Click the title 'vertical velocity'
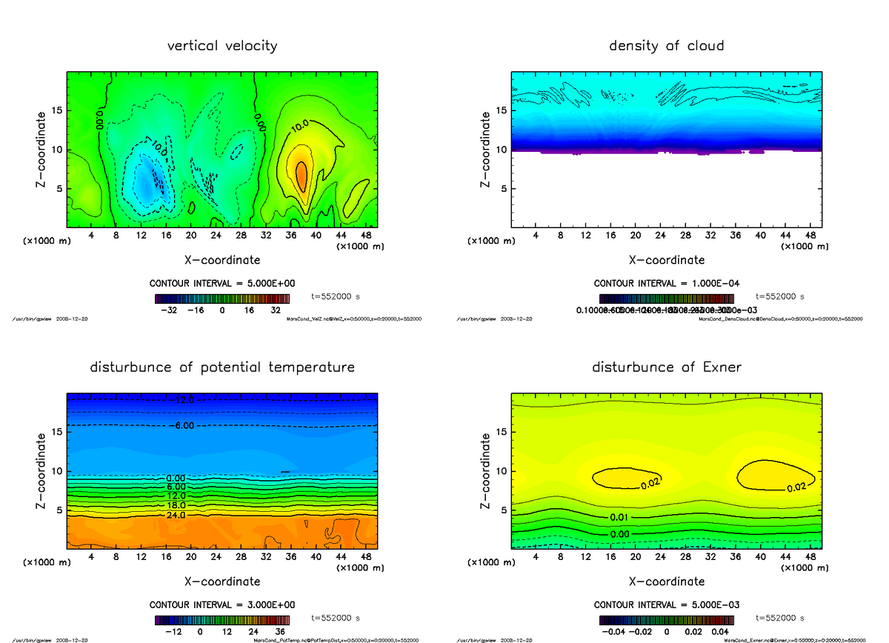tap(222, 46)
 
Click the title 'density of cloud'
tap(666, 46)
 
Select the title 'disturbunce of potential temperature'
tap(222, 367)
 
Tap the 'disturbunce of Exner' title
tap(666, 367)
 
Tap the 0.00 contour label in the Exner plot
tap(620, 533)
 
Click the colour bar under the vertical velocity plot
tap(222, 299)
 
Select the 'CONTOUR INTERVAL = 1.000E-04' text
tap(666, 284)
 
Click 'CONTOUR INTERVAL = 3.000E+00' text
tap(222, 604)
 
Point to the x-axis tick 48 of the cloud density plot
tap(810, 235)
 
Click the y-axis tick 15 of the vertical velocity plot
tap(59, 111)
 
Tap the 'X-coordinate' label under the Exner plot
tap(666, 582)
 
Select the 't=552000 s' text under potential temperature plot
tap(336, 617)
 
